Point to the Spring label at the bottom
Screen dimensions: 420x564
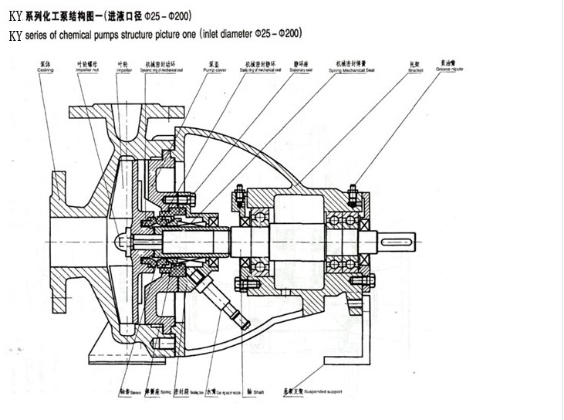point(162,392)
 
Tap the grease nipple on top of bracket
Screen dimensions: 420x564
point(353,191)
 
